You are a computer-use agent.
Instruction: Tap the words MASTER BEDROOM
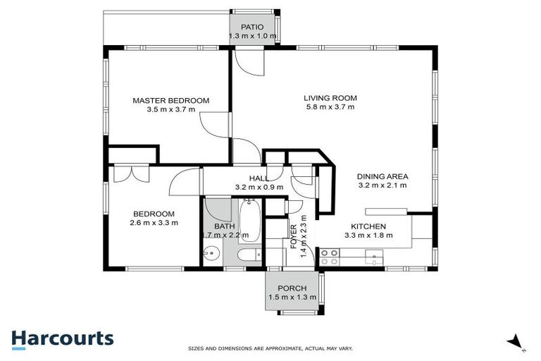coord(171,101)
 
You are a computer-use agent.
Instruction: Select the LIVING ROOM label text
coord(330,98)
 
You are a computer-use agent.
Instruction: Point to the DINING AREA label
coord(383,176)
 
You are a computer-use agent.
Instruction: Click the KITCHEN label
coord(370,226)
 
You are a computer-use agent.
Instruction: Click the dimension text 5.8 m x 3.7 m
coord(330,107)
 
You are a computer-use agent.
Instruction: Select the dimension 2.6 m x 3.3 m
coord(154,223)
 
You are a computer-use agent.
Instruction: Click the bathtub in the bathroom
coord(249,220)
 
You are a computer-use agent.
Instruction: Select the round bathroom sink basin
coord(216,255)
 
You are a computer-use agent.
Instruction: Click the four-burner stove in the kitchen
coord(328,257)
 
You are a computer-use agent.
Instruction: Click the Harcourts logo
coord(62,338)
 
